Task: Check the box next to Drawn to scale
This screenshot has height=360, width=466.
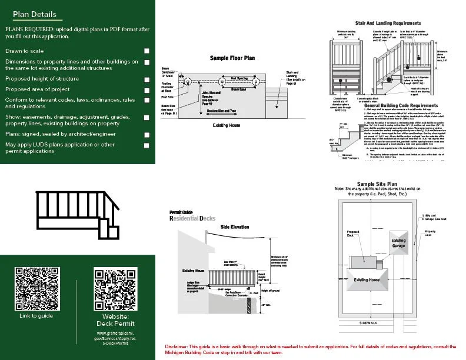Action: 147,52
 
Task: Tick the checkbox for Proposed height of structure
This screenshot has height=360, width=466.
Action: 147,79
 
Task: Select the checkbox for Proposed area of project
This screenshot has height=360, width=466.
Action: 147,89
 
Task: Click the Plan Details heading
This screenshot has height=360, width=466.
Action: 35,14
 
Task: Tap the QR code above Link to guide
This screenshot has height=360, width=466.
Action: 36,289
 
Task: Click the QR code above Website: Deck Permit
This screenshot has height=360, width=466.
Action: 116,289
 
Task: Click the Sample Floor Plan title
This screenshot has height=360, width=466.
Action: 232,58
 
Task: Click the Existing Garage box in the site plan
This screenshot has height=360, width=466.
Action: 398,243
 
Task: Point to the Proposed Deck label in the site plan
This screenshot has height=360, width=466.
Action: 353,234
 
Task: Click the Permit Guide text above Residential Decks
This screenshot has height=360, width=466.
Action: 181,212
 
